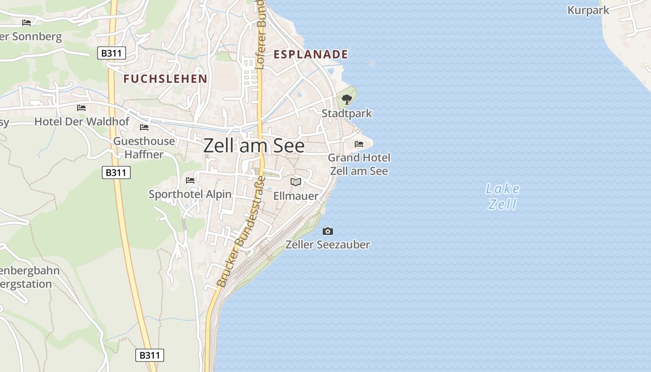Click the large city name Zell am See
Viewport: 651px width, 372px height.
254,146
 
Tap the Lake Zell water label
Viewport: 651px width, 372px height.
502,196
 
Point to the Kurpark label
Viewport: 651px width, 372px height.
588,10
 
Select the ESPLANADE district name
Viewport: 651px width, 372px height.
311,54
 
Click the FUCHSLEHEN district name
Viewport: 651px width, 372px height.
165,79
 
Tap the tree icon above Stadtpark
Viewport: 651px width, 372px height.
346,99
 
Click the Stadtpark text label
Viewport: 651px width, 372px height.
347,113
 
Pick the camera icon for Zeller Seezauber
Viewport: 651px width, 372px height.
328,231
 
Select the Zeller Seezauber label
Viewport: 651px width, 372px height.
328,245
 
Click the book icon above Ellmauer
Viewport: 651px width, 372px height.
296,182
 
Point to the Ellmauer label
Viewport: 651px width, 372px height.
296,196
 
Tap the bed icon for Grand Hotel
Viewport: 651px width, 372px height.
359,144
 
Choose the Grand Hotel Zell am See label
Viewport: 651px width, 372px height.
359,164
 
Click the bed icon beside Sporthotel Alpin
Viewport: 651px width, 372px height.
190,180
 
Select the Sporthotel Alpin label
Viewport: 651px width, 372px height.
190,194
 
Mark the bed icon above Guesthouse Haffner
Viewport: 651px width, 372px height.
144,127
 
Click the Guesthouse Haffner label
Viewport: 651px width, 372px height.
144,148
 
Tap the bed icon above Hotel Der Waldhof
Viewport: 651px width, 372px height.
81,108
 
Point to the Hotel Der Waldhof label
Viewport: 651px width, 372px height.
82,122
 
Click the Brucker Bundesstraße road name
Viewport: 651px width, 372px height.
241,232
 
